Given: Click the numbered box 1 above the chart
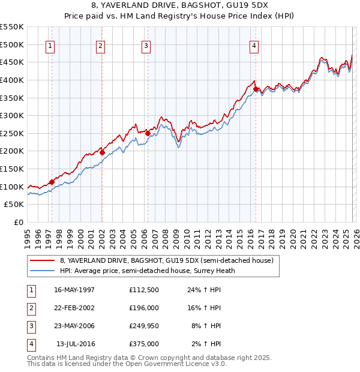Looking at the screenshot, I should [50, 46].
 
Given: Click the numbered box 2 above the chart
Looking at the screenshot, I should [100, 46].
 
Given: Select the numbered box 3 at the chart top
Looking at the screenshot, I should [146, 46].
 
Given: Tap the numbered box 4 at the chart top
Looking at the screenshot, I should [254, 46].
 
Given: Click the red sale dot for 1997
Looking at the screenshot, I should [52, 182].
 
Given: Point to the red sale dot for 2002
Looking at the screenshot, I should [103, 152].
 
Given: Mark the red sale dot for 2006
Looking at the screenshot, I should [148, 133].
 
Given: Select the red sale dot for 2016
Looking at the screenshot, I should [256, 89].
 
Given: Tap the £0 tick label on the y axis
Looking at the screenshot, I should [18, 223].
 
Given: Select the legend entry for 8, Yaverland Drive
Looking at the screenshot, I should [166, 260].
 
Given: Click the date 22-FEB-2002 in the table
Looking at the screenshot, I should [74, 308].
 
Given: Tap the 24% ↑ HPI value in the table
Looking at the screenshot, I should [203, 290].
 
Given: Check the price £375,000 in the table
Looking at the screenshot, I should [143, 344].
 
